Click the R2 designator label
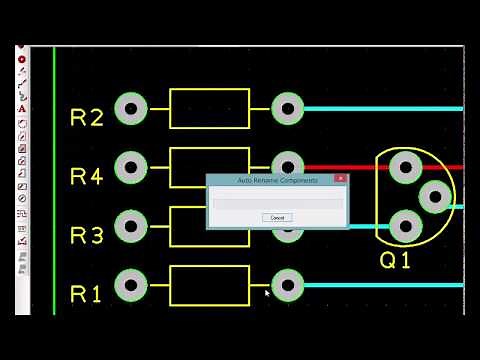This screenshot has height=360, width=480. coord(87,118)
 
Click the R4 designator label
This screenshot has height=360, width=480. coord(87,177)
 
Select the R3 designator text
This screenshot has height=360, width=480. coord(87,236)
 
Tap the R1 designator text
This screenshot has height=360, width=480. coord(87,295)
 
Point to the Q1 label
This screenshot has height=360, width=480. coord(395,261)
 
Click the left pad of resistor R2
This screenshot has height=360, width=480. coord(131,108)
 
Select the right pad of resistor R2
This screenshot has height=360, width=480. coord(287,108)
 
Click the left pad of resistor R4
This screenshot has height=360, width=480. coord(131,167)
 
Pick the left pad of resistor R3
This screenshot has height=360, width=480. coord(131,226)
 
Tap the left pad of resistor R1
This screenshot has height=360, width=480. coord(131,285)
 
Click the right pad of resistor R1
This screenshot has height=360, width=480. coord(287,285)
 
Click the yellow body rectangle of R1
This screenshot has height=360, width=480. coord(209,267)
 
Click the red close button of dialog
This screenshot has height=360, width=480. coord(340,179)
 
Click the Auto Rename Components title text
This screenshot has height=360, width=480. coord(277,180)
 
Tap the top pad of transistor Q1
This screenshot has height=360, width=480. coord(404,167)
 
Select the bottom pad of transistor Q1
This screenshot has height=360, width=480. coord(404,226)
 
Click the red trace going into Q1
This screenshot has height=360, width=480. coord(340,168)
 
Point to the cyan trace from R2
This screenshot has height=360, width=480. coord(380,108)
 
